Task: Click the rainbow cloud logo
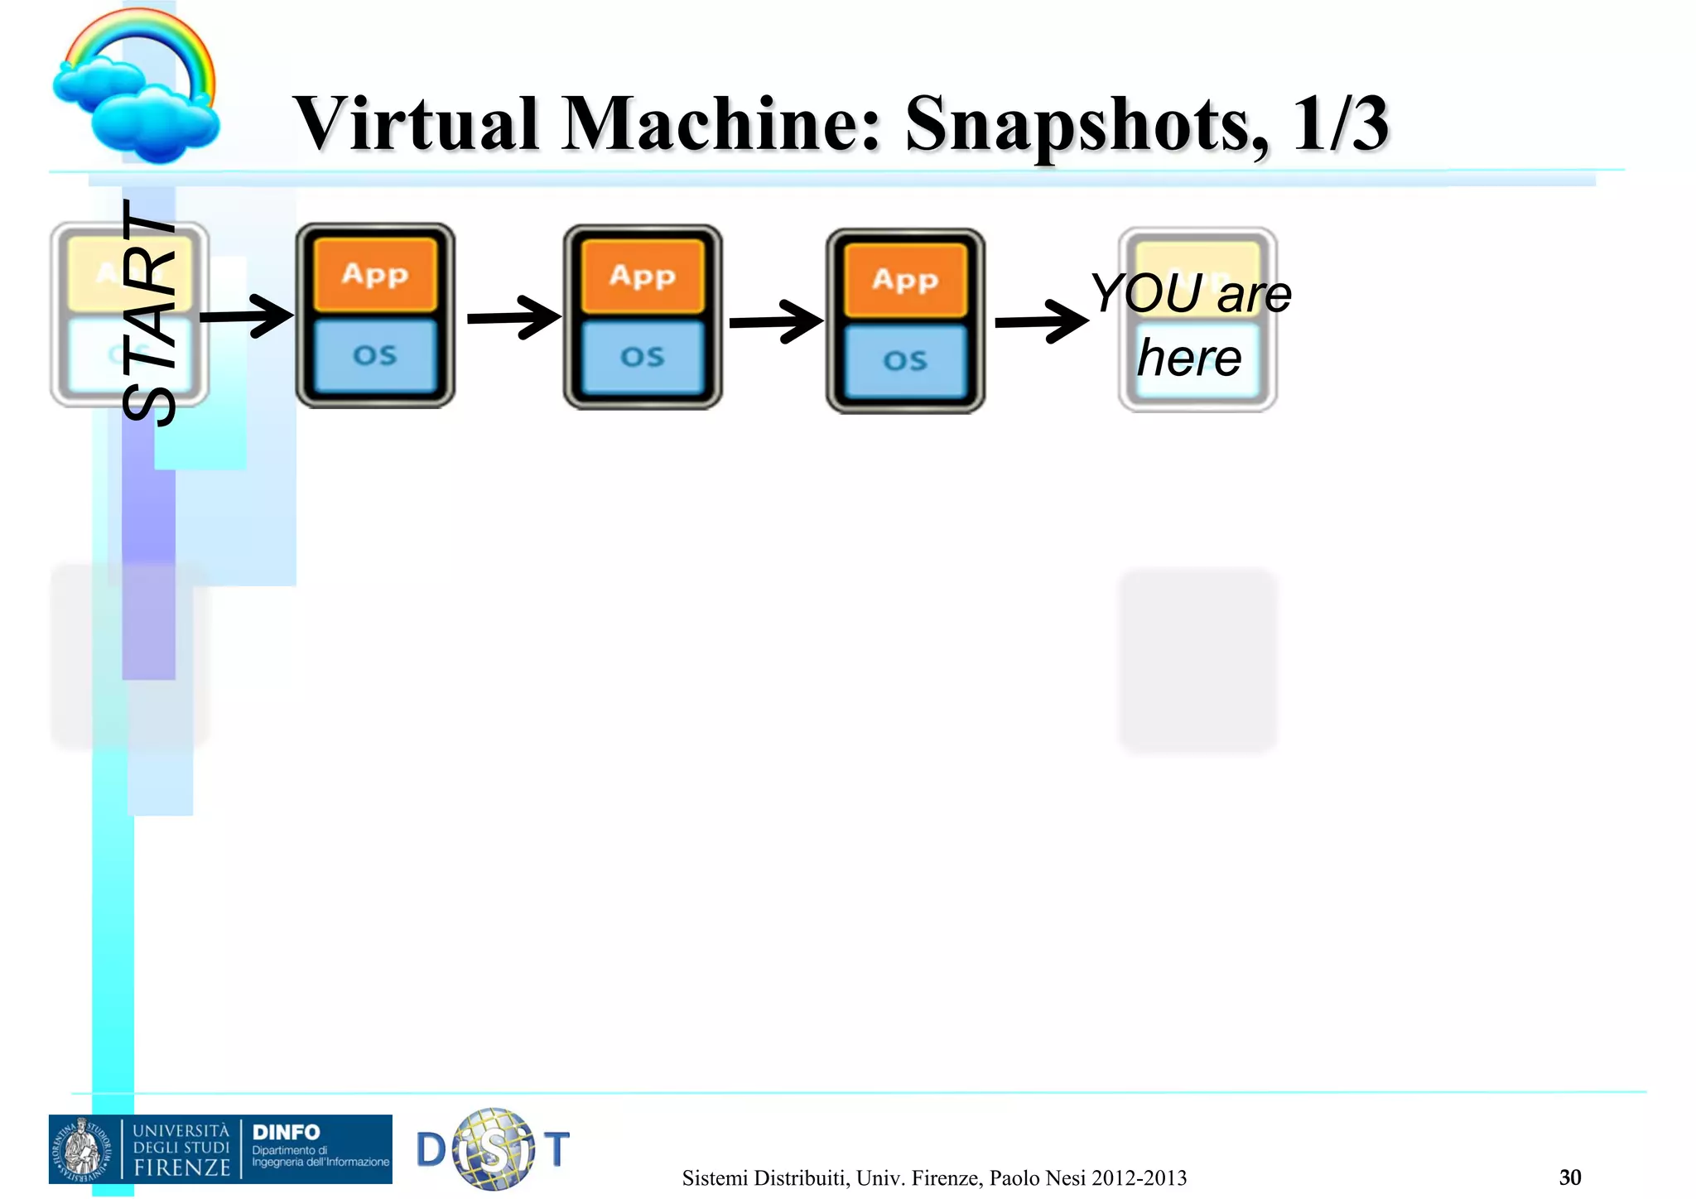137,87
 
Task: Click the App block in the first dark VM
375,274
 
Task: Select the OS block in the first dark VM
375,355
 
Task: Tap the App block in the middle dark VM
643,276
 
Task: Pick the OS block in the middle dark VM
643,357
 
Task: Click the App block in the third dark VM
905,280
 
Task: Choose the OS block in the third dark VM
905,361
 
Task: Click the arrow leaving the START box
247,316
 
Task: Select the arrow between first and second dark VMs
514,318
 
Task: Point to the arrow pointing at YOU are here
1042,321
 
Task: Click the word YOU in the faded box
1146,293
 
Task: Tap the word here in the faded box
1189,358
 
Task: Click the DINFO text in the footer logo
286,1132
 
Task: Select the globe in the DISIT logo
494,1149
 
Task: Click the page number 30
1570,1177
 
